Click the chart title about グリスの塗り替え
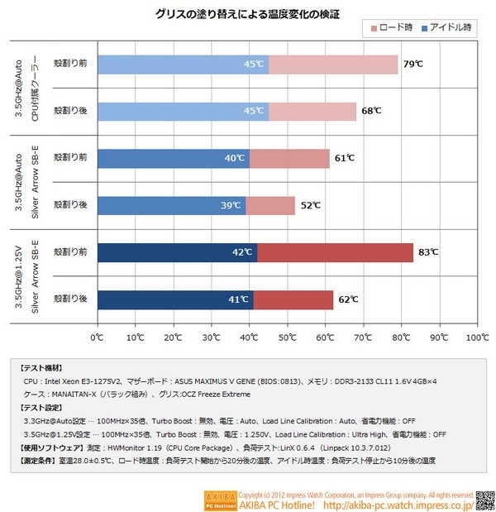[x=247, y=14]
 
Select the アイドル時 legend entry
[x=446, y=29]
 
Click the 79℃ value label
[x=413, y=65]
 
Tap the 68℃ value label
[x=371, y=111]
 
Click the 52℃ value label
[x=310, y=205]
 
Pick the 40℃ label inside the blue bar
[x=236, y=158]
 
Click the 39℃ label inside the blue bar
[x=232, y=205]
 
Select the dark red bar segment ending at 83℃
[x=335, y=252]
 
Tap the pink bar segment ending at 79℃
[x=333, y=65]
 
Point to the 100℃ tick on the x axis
[x=477, y=337]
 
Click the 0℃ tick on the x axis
[x=97, y=337]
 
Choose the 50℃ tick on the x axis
[x=287, y=337]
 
